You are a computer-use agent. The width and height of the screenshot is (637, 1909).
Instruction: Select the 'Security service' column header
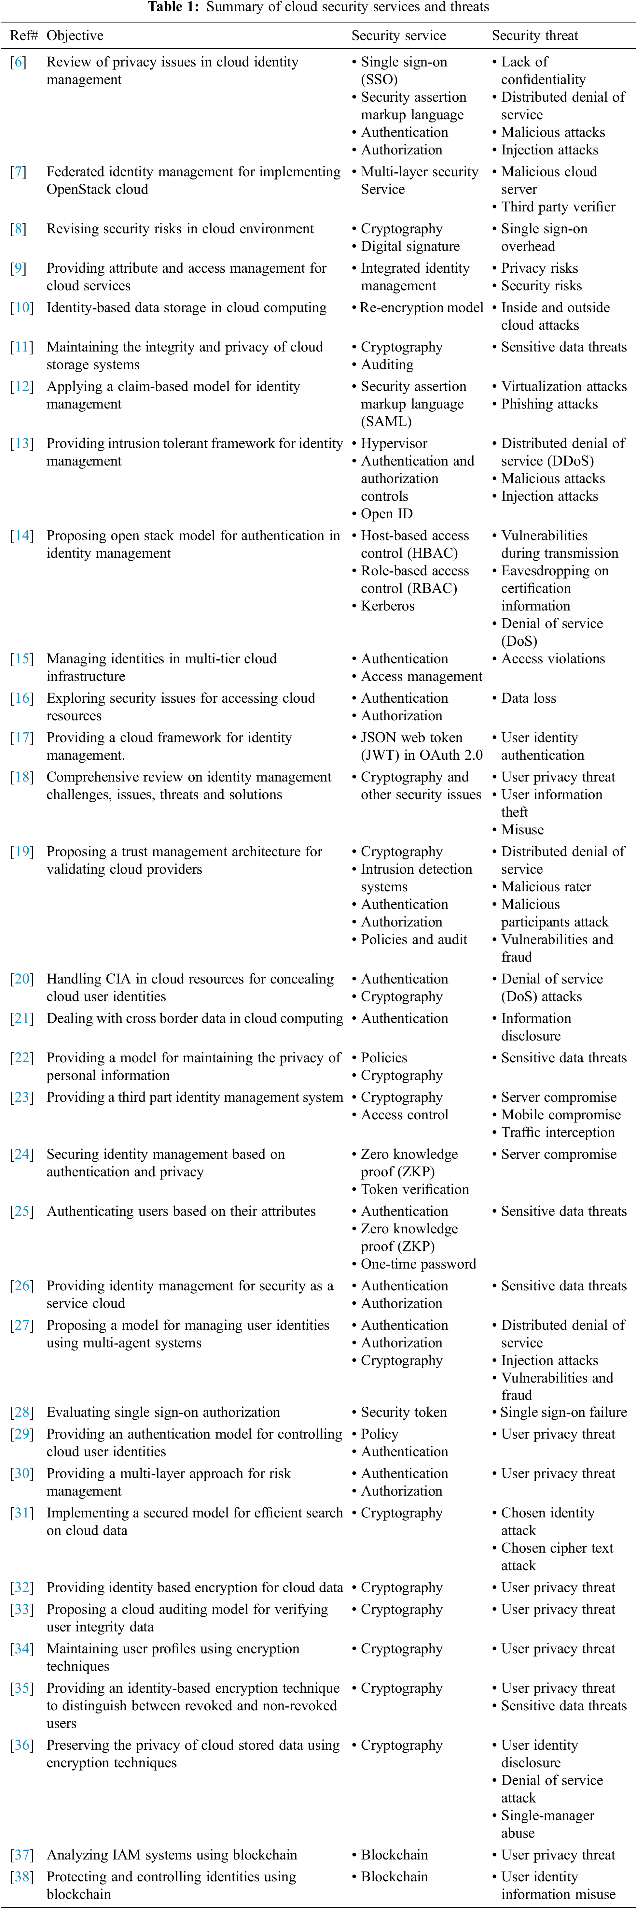coord(398,36)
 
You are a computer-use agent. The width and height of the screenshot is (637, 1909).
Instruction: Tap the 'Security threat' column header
coord(535,36)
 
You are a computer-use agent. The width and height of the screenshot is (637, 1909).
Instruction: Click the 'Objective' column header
coord(75,36)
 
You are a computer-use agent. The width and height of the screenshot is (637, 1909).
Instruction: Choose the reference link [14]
coord(21,536)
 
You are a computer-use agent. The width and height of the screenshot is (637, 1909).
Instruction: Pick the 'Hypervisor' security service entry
coord(394,444)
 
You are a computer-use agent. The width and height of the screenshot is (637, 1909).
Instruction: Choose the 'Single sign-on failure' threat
coord(563,1413)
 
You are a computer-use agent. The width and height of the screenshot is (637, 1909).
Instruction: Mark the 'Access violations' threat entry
coord(553,659)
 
